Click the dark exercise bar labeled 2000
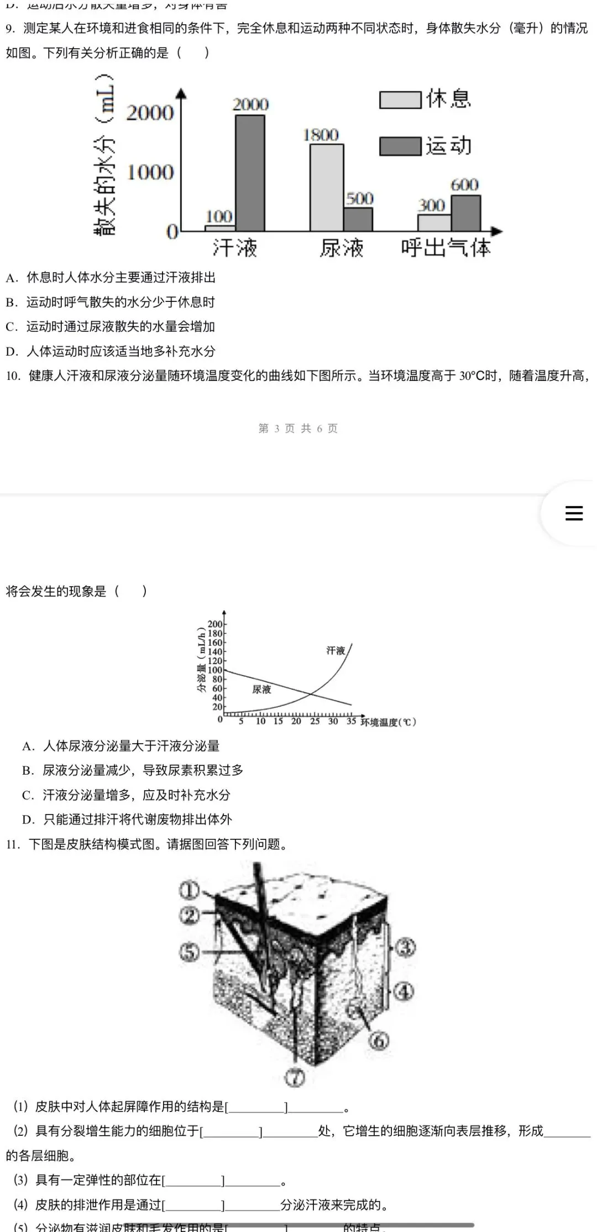coord(250,173)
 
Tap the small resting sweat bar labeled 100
coord(220,227)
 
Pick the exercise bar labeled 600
coord(465,213)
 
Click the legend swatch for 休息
coord(400,100)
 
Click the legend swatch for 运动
coord(400,147)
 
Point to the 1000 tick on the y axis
coord(150,173)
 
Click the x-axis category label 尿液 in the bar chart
coord(342,248)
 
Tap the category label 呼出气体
coord(446,248)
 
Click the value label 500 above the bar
coord(360,199)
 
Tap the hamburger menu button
coord(574,513)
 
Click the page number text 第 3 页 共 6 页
coord(298,428)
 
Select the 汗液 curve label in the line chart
coord(336,650)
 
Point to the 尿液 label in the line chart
coord(261,689)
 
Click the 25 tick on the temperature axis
coord(315,721)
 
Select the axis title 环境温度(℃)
coord(388,722)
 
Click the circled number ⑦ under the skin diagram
coord(295,1077)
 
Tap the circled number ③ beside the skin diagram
coord(405,947)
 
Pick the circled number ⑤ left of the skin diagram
coord(189,952)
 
